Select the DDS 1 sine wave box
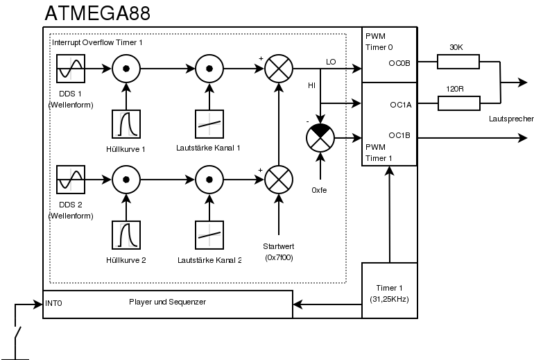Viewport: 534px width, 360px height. click(71, 69)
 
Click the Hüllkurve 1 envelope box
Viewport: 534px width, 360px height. click(127, 124)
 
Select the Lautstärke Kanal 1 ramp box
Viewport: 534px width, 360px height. click(209, 124)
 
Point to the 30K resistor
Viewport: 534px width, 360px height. click(458, 62)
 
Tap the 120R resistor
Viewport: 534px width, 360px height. click(458, 104)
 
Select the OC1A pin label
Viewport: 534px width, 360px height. click(401, 105)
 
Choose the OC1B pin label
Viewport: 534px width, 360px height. click(401, 135)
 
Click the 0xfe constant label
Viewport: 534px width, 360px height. click(320, 189)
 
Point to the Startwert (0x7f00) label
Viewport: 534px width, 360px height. click(279, 252)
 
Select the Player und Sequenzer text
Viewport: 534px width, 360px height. click(167, 301)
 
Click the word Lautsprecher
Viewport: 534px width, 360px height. click(512, 119)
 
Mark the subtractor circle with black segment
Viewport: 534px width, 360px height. click(320, 138)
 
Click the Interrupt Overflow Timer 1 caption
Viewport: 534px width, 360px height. click(97, 43)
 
